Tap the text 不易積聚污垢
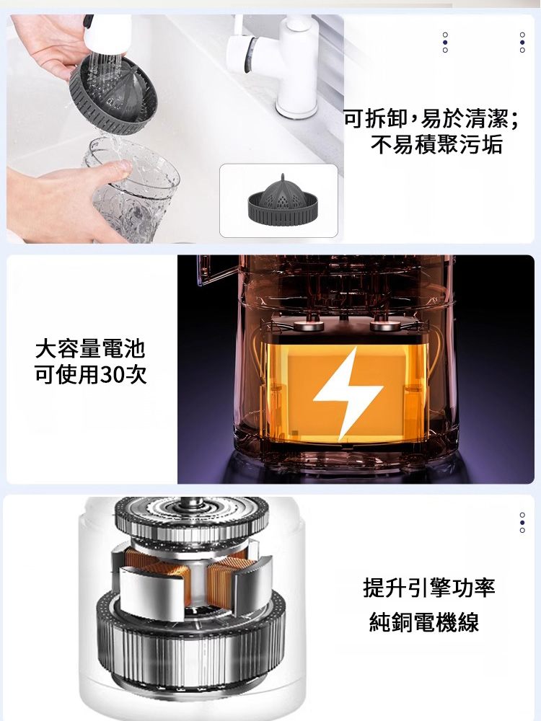coord(436,145)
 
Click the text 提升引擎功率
coord(429,588)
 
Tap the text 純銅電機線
coord(424,622)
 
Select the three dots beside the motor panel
coord(522,523)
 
